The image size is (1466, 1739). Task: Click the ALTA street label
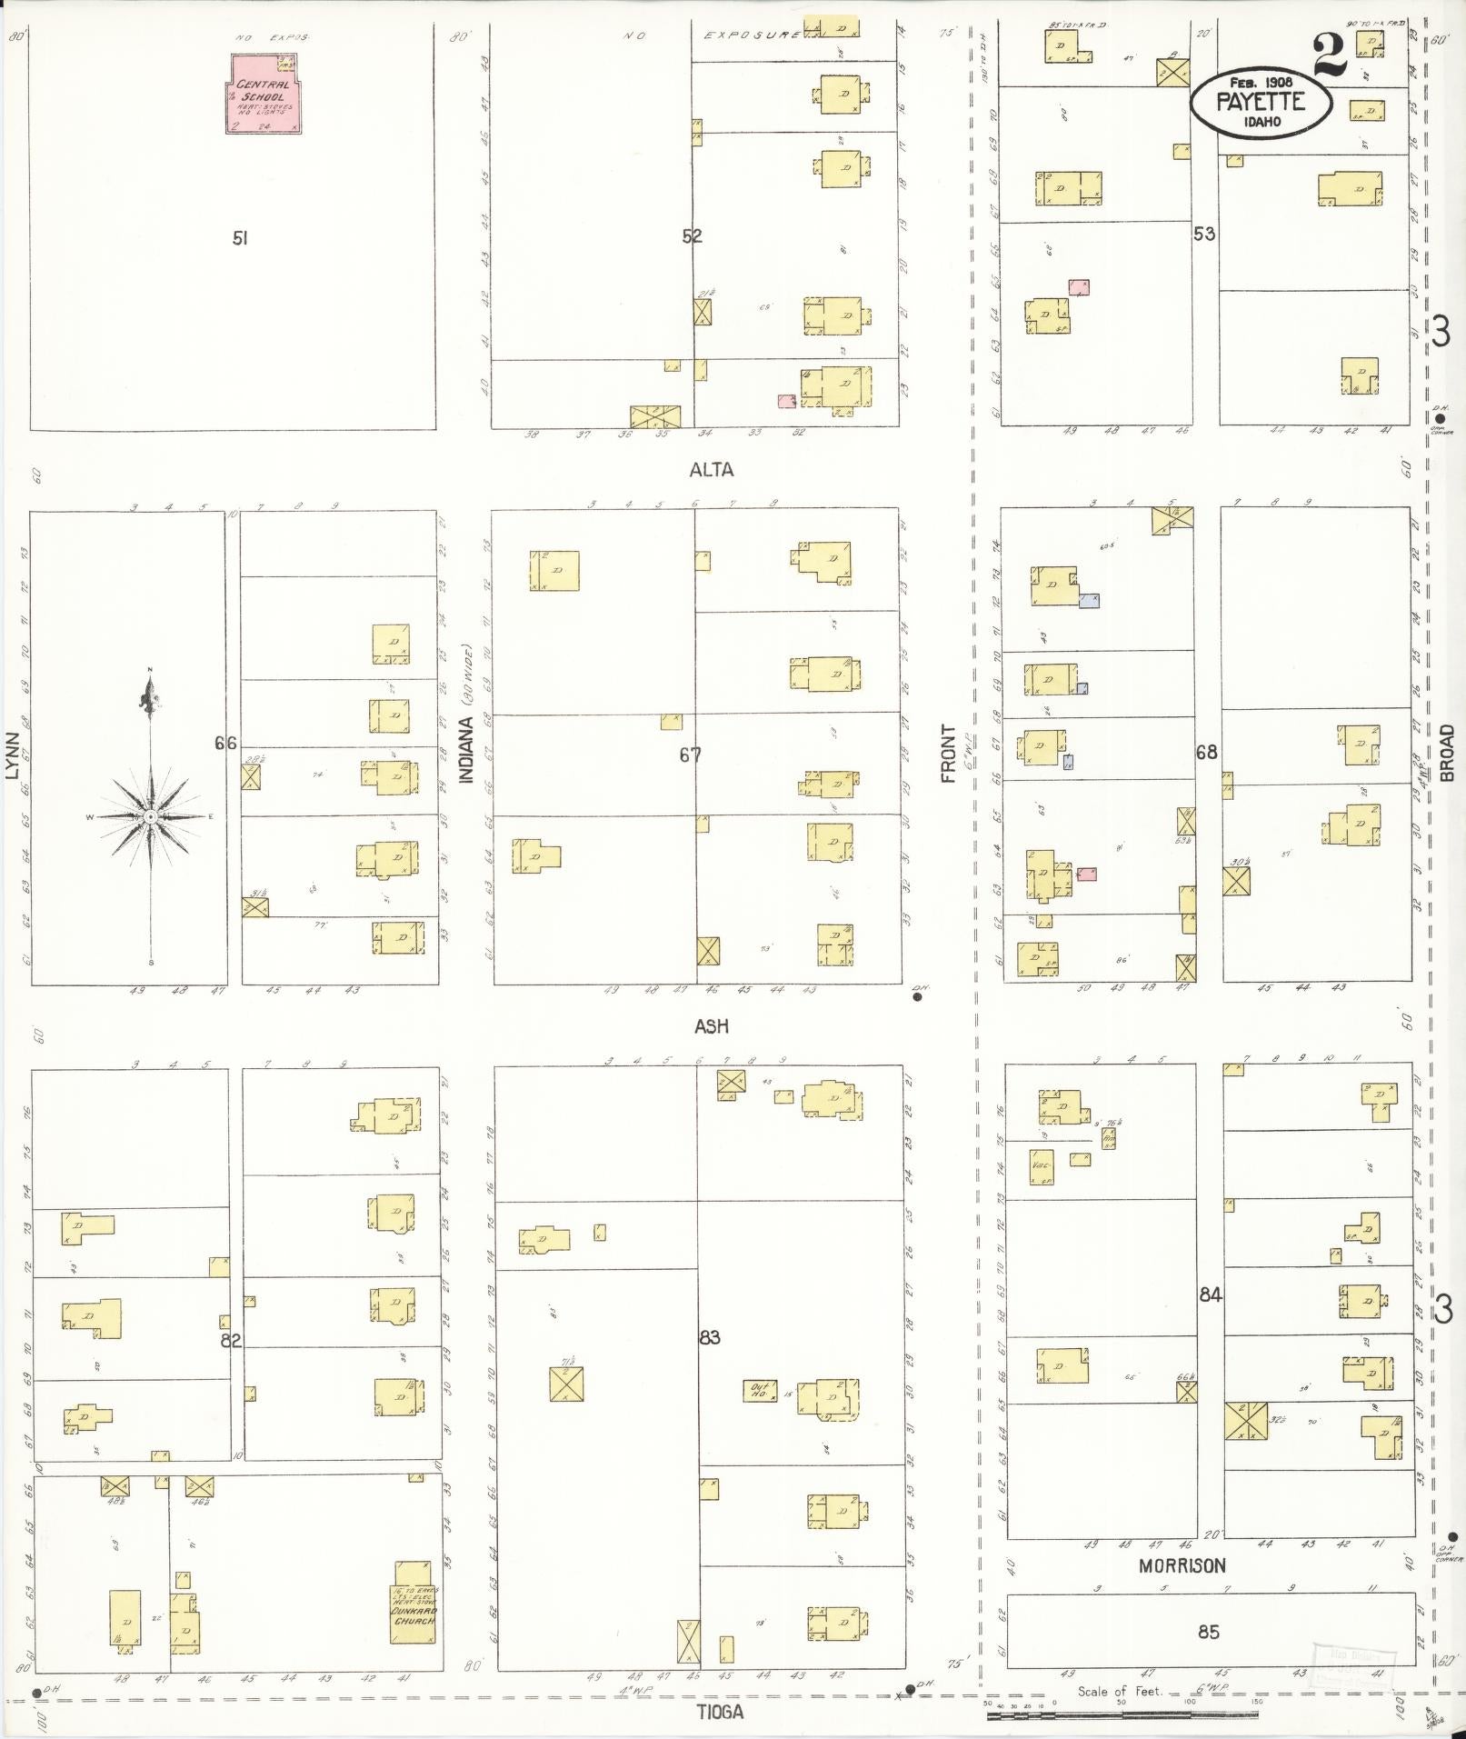coord(711,470)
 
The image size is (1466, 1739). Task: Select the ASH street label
coord(711,1026)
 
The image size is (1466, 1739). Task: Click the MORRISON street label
coord(1182,1565)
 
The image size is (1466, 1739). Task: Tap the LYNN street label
coord(12,755)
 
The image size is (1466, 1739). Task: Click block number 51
coord(240,238)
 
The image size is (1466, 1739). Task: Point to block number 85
coord(1208,1632)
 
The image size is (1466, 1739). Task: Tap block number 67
coord(691,754)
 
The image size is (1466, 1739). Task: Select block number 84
coord(1210,1294)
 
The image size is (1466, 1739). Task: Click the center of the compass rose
coord(151,816)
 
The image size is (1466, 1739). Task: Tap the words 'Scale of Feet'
coord(1120,1691)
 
